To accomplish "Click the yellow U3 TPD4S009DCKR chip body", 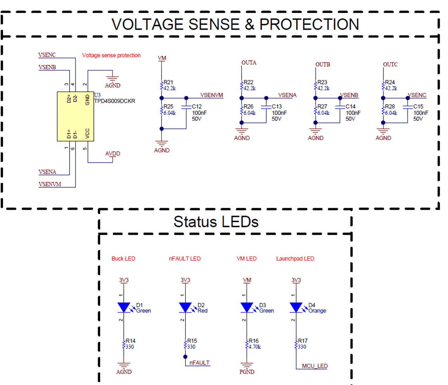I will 75,116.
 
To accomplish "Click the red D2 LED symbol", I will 185,308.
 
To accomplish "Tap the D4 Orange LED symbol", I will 296,308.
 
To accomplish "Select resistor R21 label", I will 168,82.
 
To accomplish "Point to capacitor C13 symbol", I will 266,107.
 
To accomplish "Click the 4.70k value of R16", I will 254,347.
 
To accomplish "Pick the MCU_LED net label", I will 315,366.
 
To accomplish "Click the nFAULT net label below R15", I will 199,362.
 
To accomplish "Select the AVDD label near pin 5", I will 113,154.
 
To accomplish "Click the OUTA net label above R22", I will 249,63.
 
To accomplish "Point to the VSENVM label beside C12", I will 212,95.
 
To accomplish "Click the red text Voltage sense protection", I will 111,55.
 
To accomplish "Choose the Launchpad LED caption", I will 295,258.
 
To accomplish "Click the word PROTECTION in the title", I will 309,24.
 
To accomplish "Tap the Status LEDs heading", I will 216,222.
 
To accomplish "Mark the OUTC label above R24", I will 390,64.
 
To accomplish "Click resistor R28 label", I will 390,107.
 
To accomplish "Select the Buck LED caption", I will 123,258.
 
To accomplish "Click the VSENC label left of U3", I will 47,55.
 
